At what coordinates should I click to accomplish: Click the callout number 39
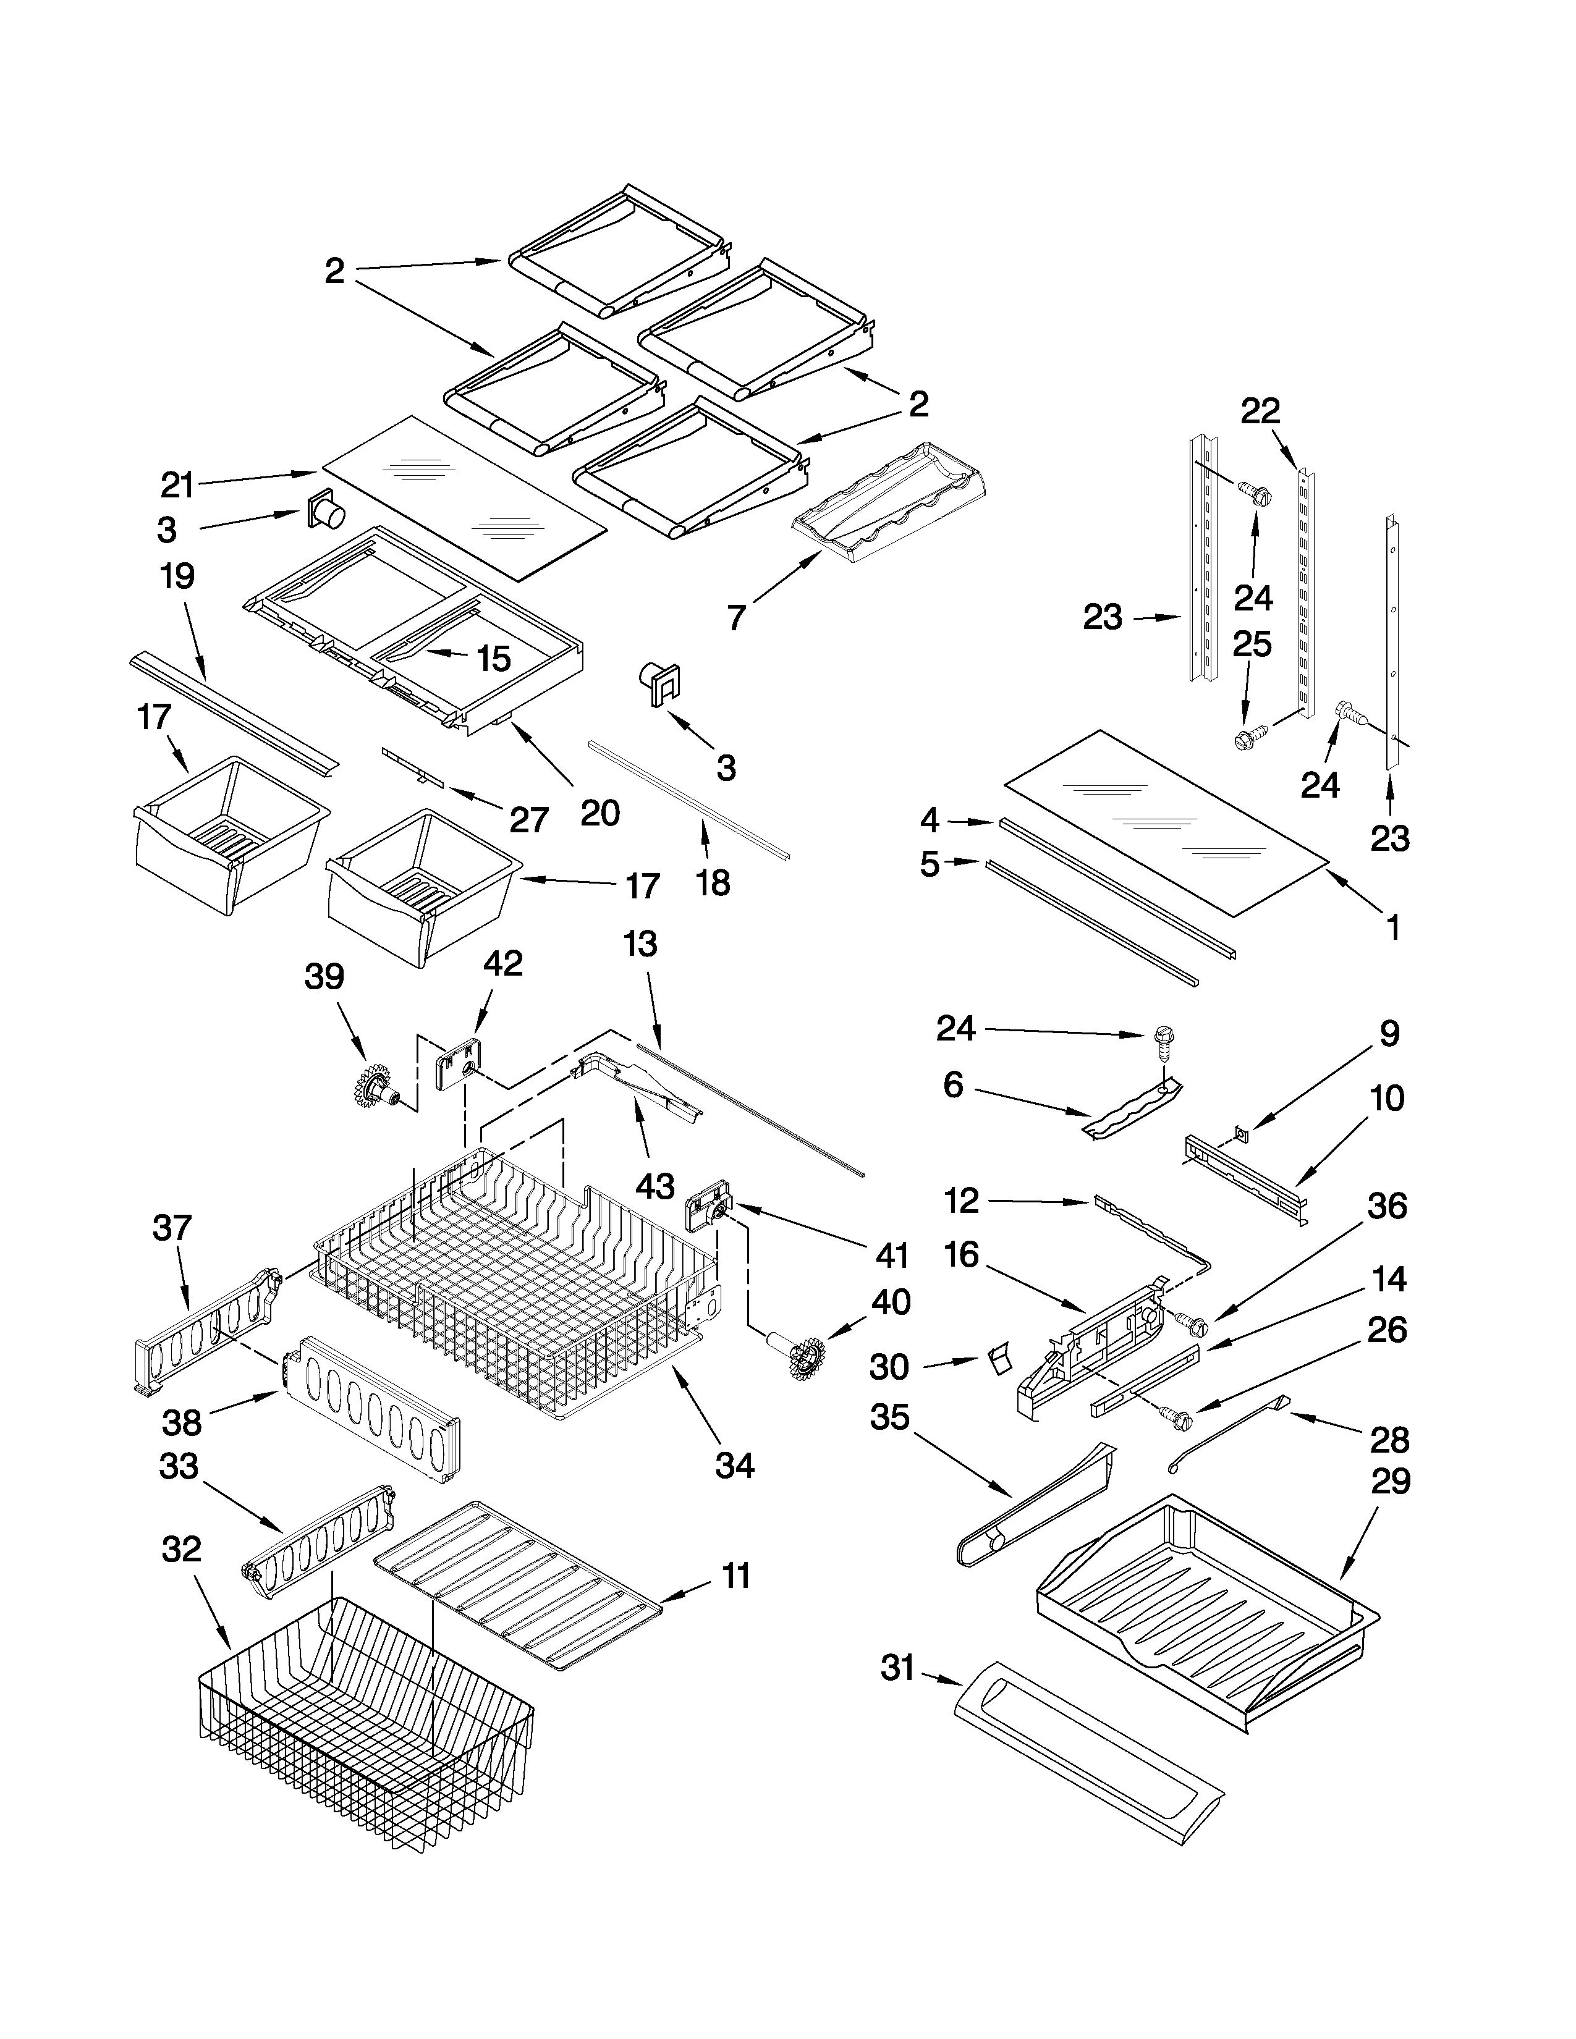(324, 977)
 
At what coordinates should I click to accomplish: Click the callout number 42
(502, 963)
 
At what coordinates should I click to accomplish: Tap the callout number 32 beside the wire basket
(181, 1549)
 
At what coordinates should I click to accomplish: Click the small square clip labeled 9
(1241, 1133)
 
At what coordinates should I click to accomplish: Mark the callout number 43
(655, 1186)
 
